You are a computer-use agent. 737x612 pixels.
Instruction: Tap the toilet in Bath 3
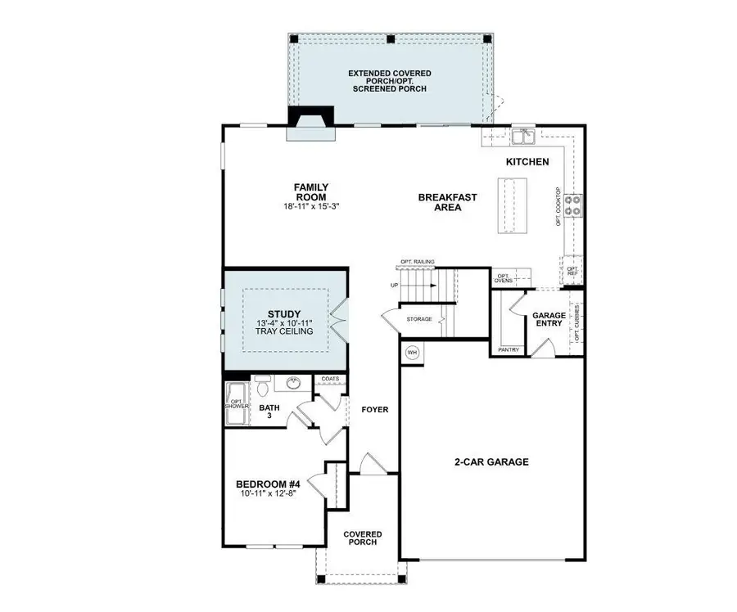click(262, 384)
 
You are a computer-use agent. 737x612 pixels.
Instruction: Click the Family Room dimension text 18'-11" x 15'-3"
click(310, 207)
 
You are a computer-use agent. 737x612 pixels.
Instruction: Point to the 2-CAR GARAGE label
click(491, 461)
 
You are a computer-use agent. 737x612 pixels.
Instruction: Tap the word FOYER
click(375, 409)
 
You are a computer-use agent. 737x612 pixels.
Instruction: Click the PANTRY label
click(508, 350)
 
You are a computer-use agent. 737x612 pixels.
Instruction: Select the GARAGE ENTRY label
click(549, 320)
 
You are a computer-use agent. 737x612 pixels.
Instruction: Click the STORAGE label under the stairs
click(419, 317)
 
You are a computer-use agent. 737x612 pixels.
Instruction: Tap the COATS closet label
click(330, 379)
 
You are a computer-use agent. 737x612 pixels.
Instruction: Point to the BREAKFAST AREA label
click(447, 202)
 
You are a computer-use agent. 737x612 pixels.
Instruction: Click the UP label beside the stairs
click(395, 286)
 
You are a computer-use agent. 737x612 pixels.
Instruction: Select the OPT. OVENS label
click(504, 278)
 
